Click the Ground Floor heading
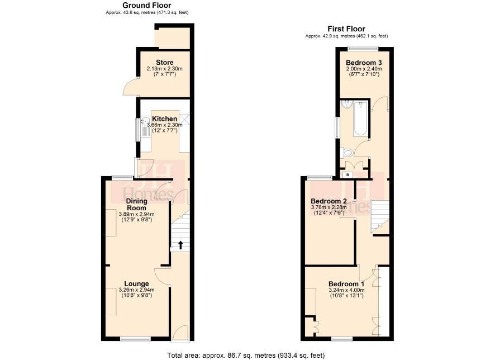tap(147, 6)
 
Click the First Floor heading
tap(346, 29)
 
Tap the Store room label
tap(164, 62)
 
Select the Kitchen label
tap(164, 119)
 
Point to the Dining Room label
tap(137, 204)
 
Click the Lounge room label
tap(136, 283)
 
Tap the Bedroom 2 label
tap(329, 201)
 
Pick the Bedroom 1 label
tap(346, 283)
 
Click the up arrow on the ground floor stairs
tap(180, 245)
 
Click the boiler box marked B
tap(348, 174)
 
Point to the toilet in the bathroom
tap(346, 153)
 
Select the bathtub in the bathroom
tap(360, 119)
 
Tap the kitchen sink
tap(146, 126)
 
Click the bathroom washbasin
tap(346, 104)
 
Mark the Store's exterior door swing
tap(130, 86)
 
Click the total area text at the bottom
tap(246, 356)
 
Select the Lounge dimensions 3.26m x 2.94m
tap(136, 290)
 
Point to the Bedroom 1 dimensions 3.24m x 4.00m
tap(346, 290)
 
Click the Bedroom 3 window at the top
tap(363, 48)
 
